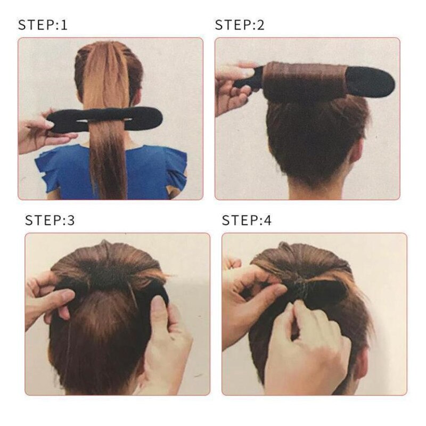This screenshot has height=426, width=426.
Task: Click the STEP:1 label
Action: coord(43,24)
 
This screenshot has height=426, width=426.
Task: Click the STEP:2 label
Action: coord(239,24)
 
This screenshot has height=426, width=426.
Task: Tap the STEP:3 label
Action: coord(50,220)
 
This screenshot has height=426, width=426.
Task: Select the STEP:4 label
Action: coord(247,220)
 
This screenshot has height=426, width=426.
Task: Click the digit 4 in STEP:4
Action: coord(268,220)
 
